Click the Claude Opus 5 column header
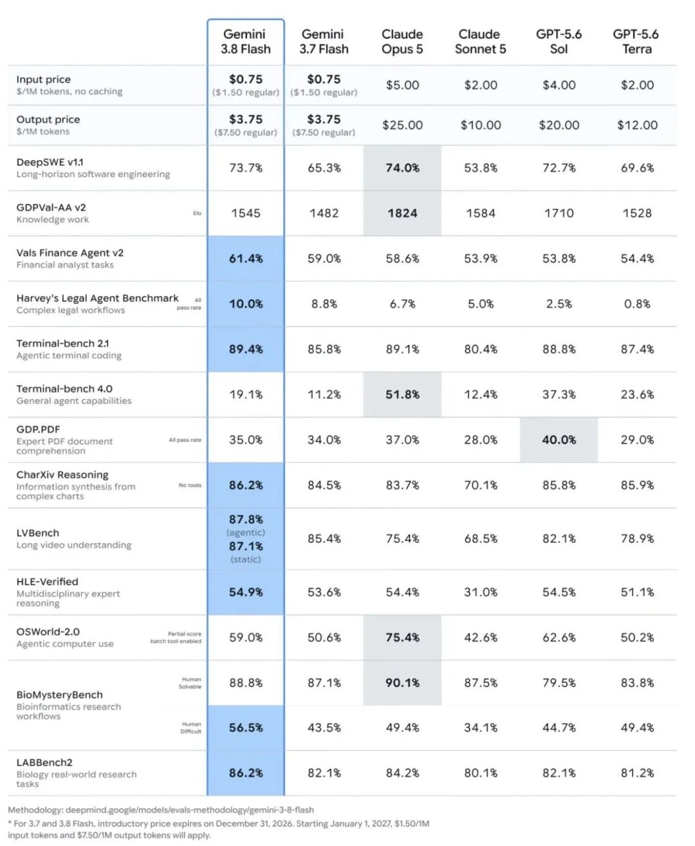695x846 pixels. pos(402,41)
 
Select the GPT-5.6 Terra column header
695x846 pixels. pos(637,41)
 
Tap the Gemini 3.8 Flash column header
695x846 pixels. pos(246,41)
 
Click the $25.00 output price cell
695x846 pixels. pos(402,125)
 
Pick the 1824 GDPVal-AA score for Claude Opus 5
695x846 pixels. pos(402,213)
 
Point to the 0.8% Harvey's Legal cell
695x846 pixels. pos(637,304)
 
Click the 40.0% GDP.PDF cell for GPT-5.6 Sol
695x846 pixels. pos(559,439)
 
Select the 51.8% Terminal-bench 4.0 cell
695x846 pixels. pos(402,394)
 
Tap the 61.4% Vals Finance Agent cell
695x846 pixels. pos(246,259)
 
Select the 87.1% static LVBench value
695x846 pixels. pos(246,546)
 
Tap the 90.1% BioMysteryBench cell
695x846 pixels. pos(402,683)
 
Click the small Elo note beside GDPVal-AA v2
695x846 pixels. pos(197,213)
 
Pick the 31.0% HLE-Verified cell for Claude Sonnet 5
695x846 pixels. pos(481,592)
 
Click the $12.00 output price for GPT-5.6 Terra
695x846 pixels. pos(637,125)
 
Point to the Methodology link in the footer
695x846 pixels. pos(161,809)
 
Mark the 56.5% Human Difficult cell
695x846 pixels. pos(246,727)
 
